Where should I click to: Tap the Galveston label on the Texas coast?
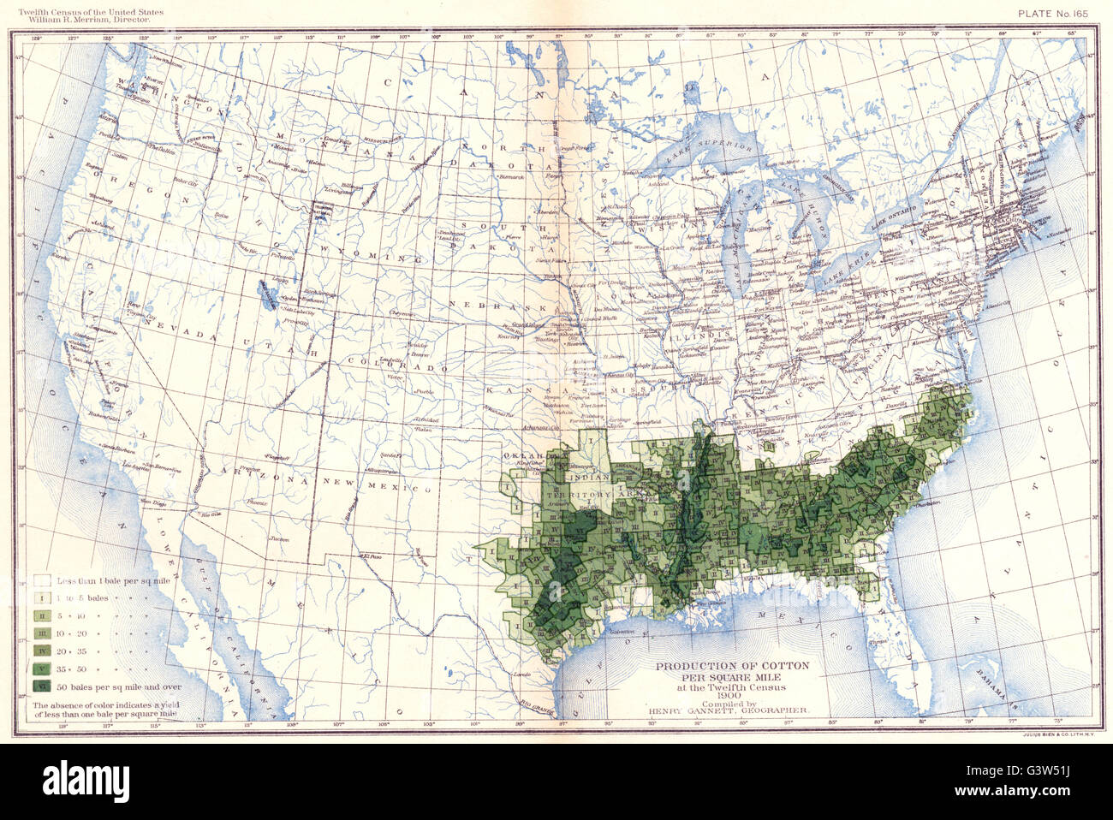(616, 631)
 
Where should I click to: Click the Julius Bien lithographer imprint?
(1055, 734)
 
